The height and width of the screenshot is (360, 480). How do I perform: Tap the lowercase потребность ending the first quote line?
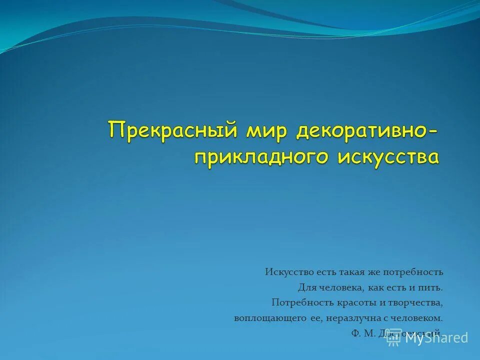413,272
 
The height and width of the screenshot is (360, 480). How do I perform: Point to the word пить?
433,288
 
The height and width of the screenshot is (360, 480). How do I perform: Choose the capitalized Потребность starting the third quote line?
297,303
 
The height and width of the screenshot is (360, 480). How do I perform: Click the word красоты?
347,303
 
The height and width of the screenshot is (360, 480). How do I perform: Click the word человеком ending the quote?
418,318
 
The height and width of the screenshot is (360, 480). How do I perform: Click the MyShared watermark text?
436,338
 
